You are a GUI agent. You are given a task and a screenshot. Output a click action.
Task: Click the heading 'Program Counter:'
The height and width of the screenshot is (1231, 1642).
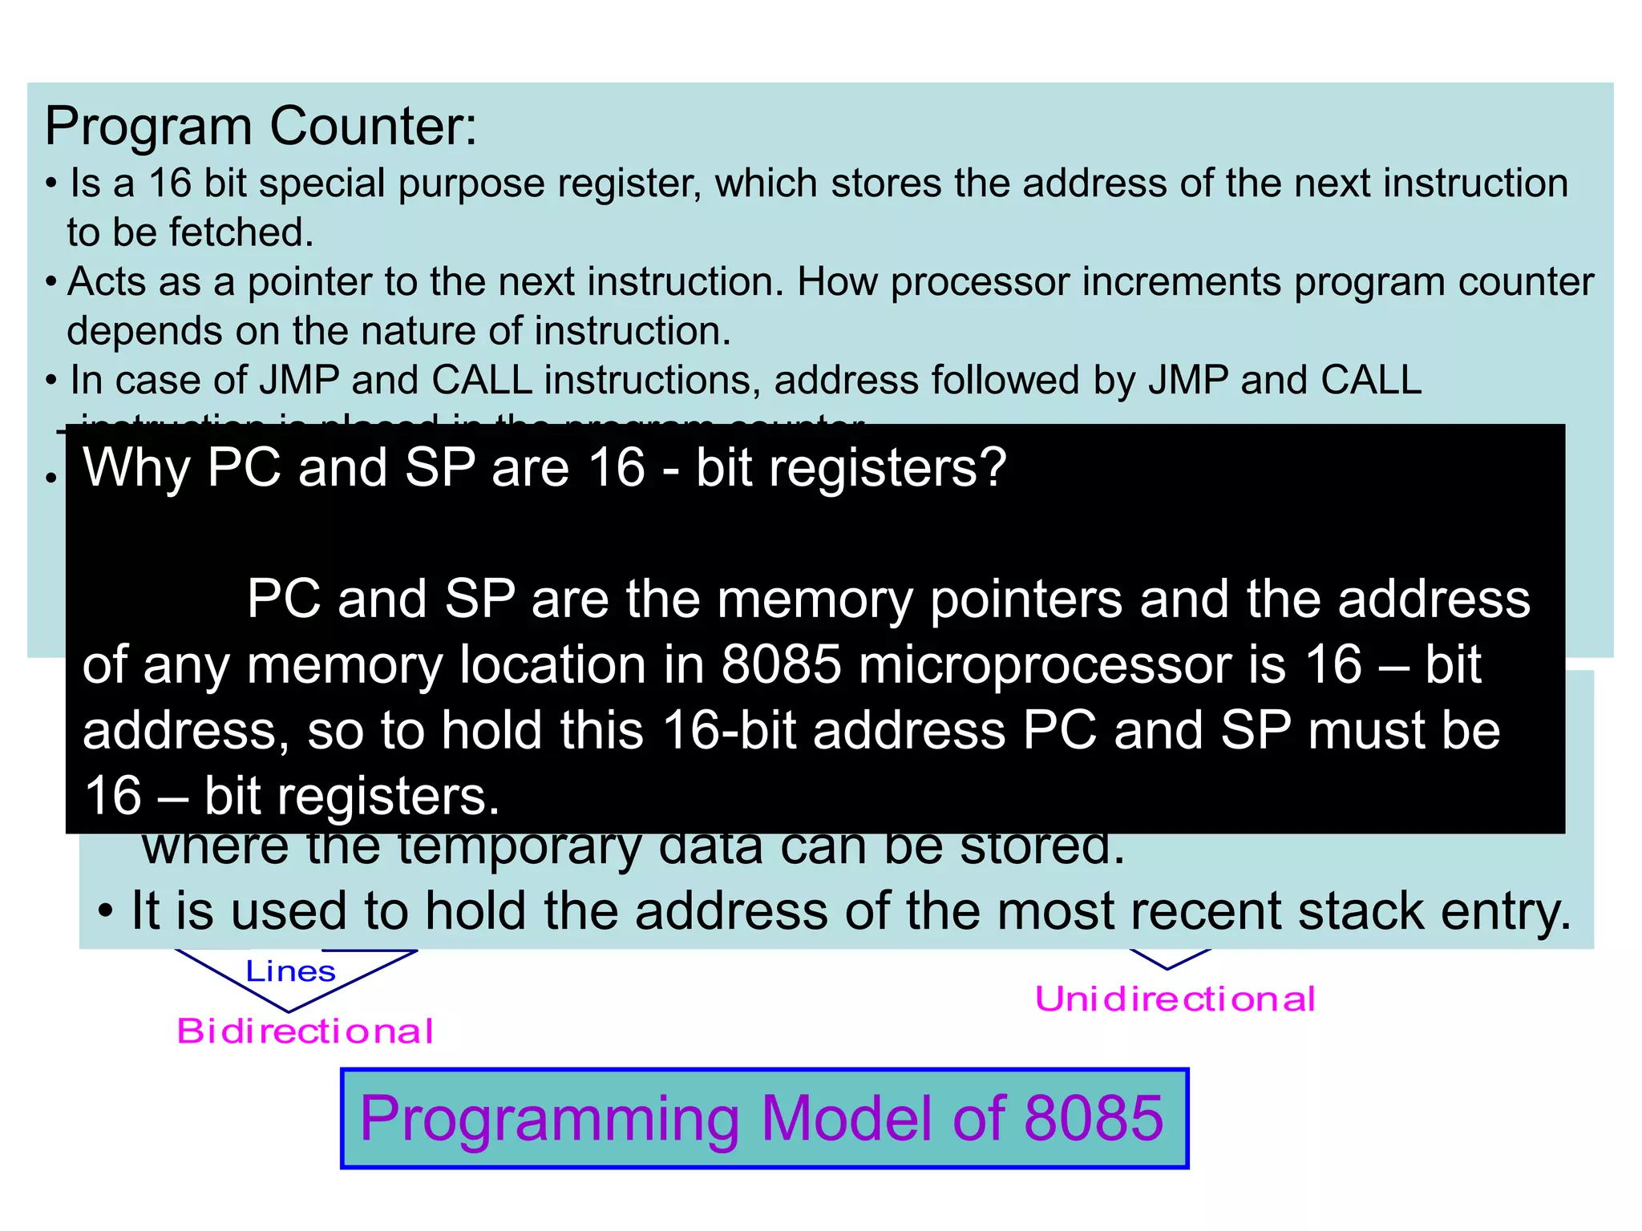tap(261, 127)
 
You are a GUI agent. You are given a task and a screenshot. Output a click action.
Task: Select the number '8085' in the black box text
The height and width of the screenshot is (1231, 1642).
tap(782, 664)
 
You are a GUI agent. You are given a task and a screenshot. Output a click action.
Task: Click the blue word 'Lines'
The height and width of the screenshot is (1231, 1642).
tap(290, 971)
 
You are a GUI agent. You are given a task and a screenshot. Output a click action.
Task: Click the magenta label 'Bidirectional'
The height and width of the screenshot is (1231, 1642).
tap(305, 1031)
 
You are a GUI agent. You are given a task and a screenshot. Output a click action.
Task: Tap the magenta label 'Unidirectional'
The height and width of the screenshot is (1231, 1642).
tap(1175, 999)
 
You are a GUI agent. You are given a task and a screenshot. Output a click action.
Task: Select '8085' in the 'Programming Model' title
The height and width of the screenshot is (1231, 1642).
tap(1094, 1118)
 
